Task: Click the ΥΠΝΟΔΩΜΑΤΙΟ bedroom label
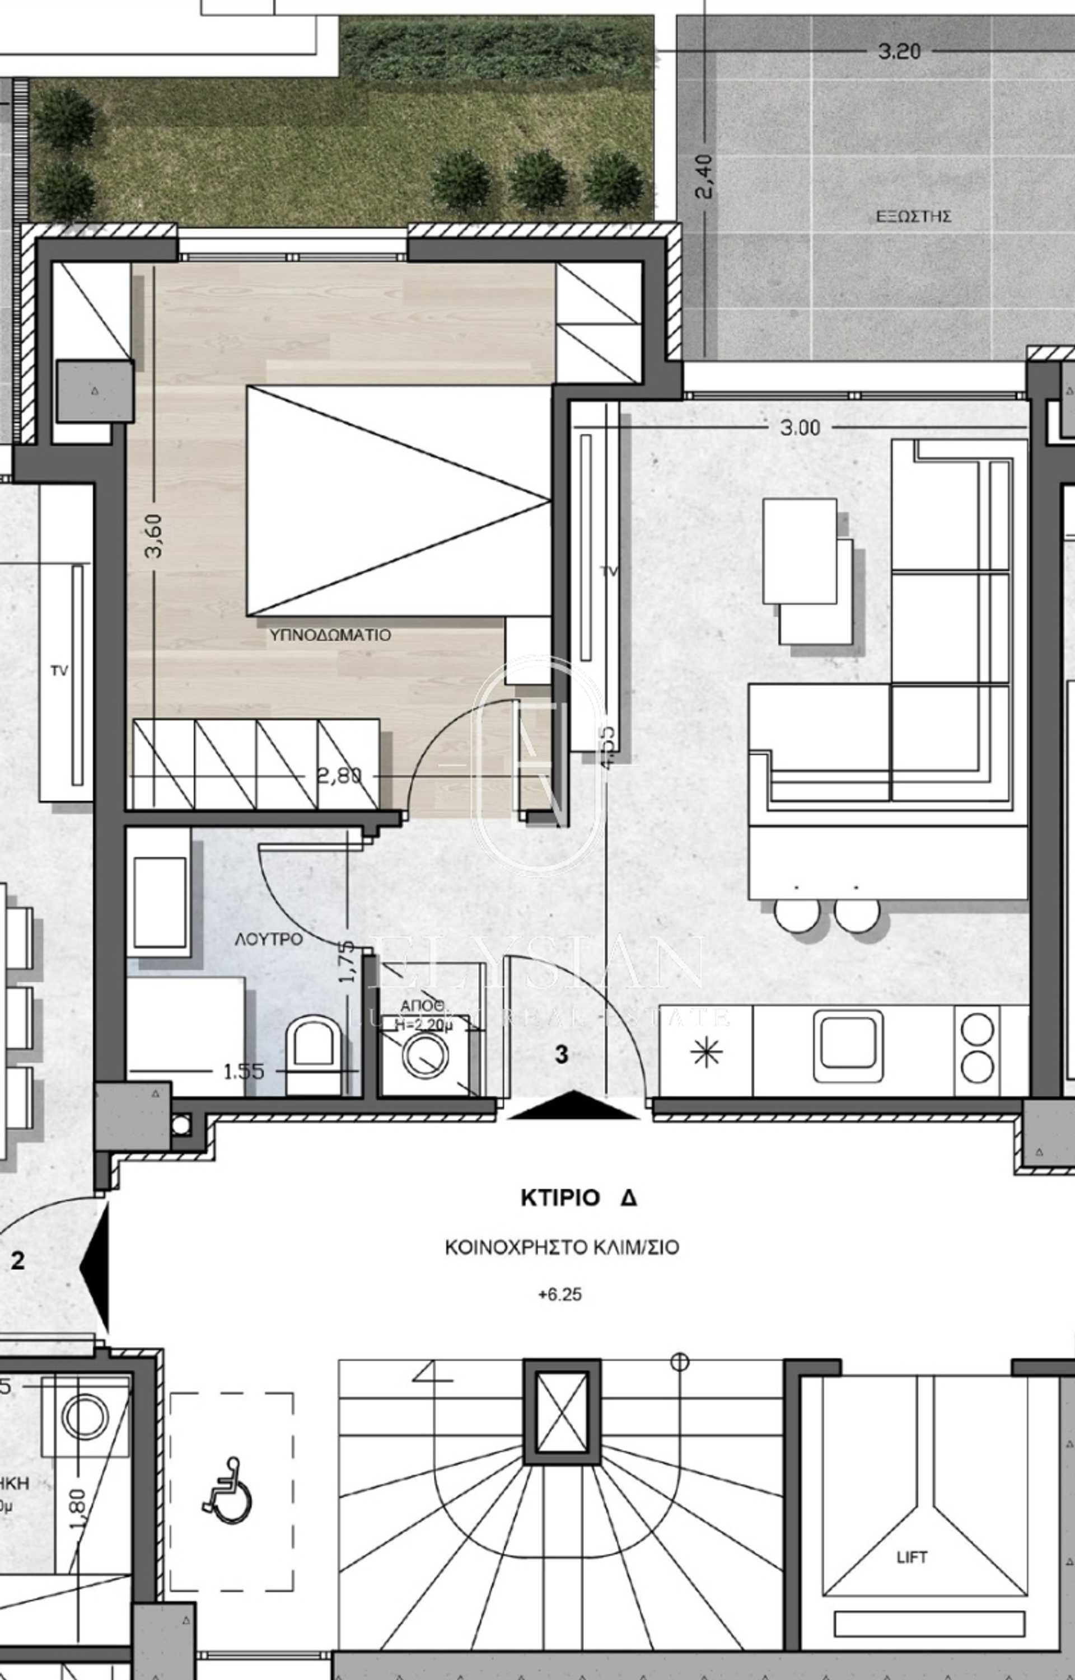pyautogui.click(x=330, y=635)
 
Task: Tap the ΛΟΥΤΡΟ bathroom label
pyautogui.click(x=269, y=940)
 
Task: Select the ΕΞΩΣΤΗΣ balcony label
pyautogui.click(x=913, y=216)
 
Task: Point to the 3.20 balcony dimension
pyautogui.click(x=899, y=51)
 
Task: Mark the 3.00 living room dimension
pyautogui.click(x=800, y=428)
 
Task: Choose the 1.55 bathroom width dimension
pyautogui.click(x=244, y=1071)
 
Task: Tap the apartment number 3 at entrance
pyautogui.click(x=561, y=1055)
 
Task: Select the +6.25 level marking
pyautogui.click(x=560, y=1294)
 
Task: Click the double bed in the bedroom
pyautogui.click(x=398, y=501)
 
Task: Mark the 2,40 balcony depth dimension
pyautogui.click(x=704, y=176)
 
